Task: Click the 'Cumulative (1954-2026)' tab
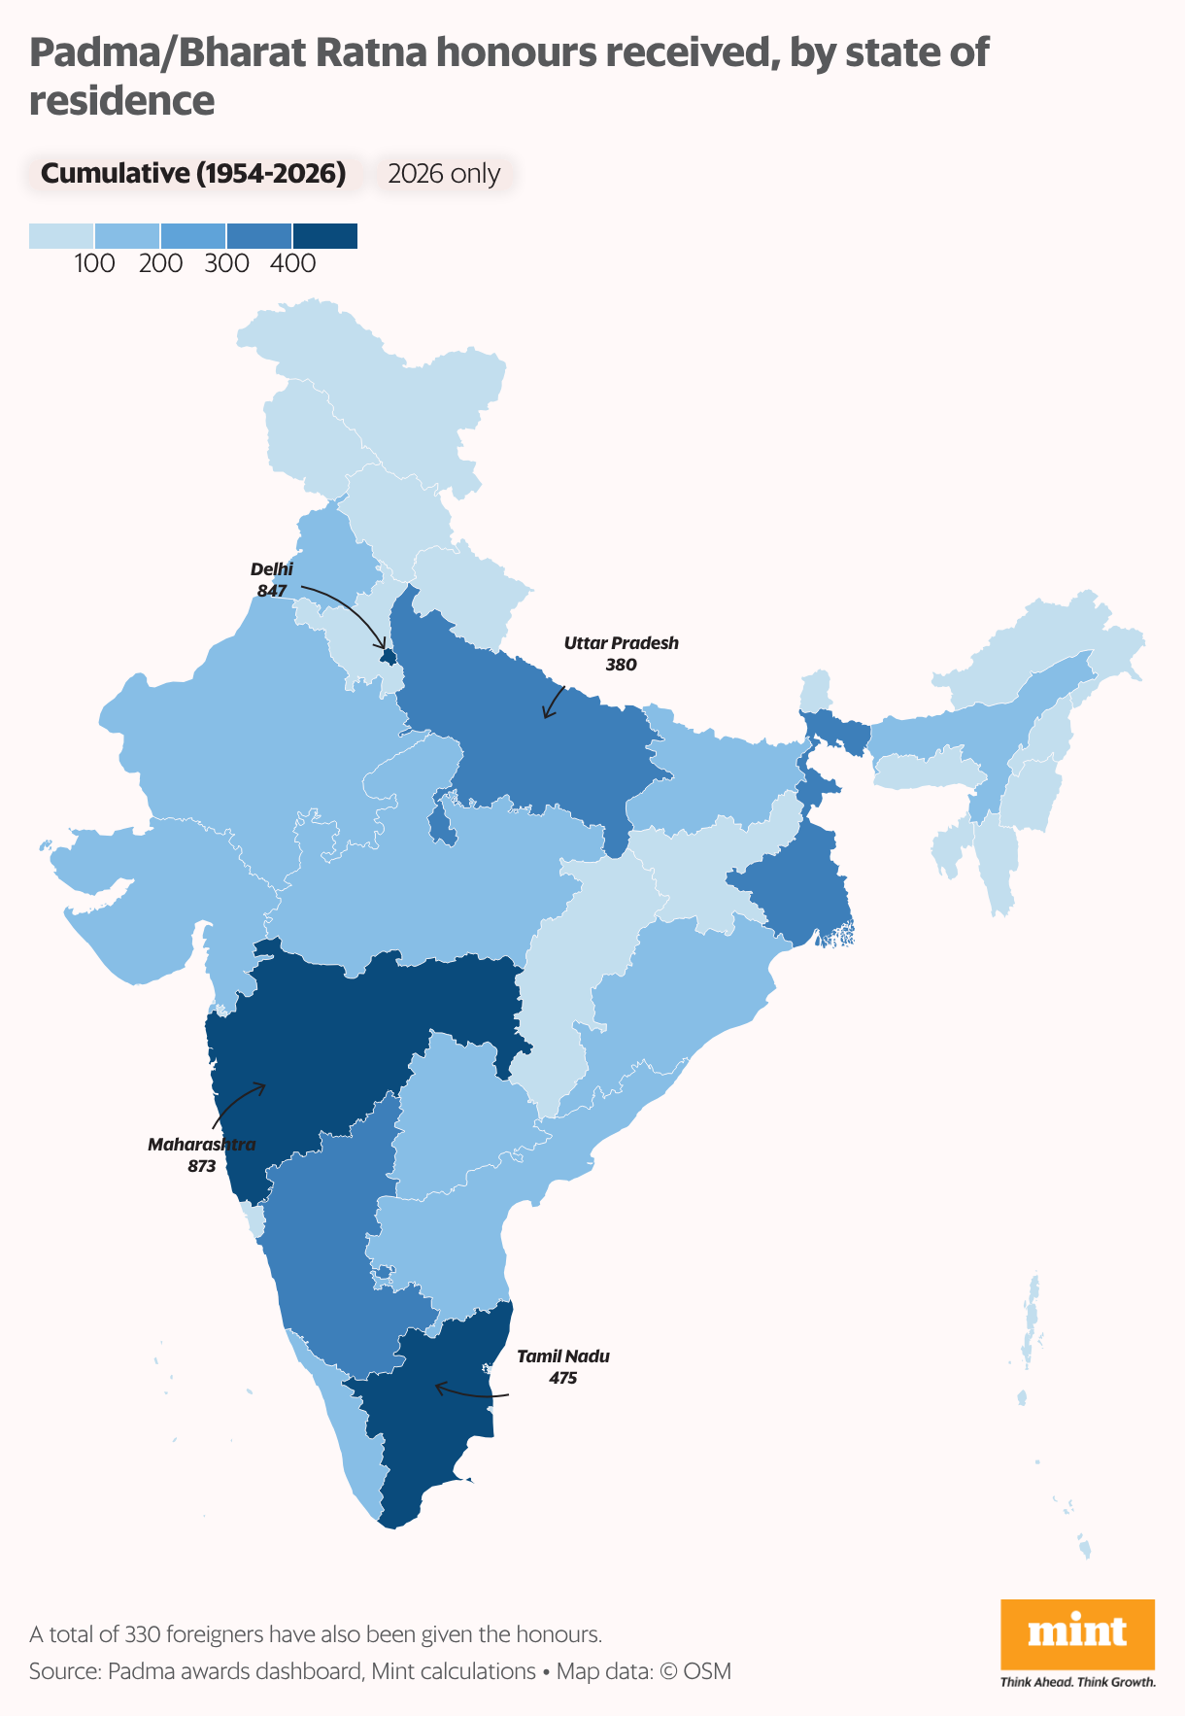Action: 193,174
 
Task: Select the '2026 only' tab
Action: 444,174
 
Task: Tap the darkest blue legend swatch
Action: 325,236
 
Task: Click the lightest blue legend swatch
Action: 61,236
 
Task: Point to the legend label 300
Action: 226,263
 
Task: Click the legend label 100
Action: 94,263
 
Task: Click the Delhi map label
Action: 271,569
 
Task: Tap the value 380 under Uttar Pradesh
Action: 621,666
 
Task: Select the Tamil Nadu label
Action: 563,1356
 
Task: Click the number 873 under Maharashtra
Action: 202,1166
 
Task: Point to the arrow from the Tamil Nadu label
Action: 471,1393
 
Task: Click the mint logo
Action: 1077,1632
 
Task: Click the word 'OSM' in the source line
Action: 707,1671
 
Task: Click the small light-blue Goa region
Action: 254,1219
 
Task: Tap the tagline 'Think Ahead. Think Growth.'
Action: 1077,1682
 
